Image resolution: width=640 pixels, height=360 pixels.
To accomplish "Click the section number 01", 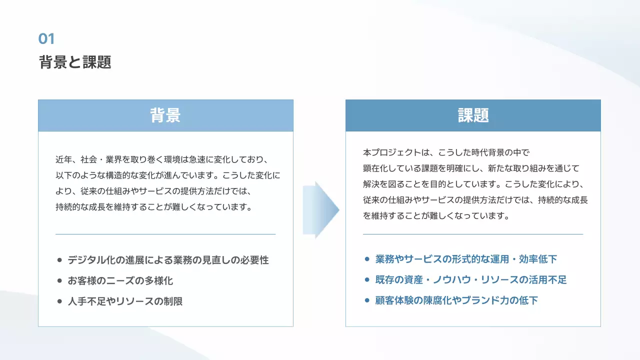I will point(46,38).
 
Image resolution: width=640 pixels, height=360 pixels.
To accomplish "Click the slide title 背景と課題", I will point(75,62).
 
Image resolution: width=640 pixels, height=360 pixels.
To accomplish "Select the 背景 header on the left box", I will point(165,115).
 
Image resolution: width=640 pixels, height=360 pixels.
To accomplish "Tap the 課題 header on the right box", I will point(473,115).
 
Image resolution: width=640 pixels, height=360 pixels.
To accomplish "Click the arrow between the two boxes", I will point(320,210).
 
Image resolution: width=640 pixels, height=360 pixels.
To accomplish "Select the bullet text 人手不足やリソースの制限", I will point(125,301).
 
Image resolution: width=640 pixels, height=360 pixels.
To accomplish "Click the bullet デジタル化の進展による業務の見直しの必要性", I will point(168,260).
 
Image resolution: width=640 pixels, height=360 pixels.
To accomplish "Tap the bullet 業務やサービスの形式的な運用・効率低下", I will point(466,259).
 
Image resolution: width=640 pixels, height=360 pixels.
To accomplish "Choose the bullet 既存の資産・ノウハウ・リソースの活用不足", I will point(471,279).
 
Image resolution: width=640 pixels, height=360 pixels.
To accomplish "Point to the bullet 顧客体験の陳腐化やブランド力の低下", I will point(456,300).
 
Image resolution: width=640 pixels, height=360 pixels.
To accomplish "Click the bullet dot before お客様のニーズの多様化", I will point(59,281).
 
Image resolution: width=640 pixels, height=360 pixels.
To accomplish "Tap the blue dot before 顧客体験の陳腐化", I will point(367,300).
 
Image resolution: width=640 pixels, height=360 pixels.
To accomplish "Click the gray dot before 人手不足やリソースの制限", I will point(59,301).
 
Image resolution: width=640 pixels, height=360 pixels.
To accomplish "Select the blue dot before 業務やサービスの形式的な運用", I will point(367,259).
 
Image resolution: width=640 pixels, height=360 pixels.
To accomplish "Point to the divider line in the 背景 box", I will point(165,234).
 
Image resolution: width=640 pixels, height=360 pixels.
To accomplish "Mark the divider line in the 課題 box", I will point(473,234).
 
